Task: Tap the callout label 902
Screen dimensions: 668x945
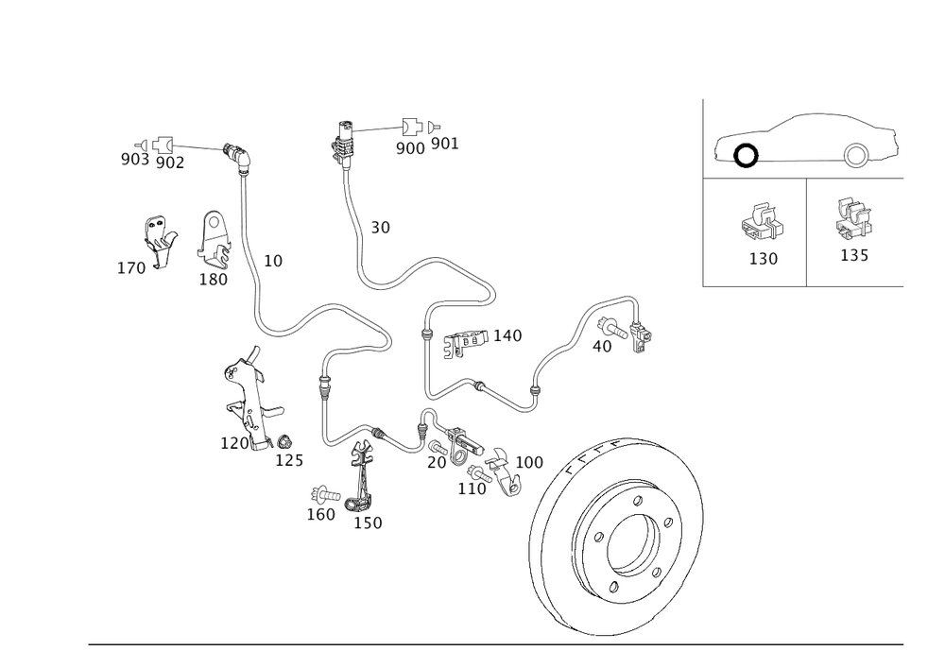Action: click(169, 163)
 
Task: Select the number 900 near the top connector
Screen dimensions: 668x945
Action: click(409, 147)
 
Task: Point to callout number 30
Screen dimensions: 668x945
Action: click(380, 228)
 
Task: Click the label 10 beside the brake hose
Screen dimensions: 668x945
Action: click(272, 261)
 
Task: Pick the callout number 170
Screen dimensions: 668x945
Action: click(131, 269)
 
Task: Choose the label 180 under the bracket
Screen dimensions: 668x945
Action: click(214, 279)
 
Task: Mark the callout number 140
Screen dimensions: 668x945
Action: click(507, 335)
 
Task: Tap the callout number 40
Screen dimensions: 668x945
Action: click(601, 347)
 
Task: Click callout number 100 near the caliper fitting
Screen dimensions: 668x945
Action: click(528, 462)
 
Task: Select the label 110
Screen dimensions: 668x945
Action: click(471, 488)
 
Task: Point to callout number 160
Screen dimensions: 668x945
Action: click(321, 515)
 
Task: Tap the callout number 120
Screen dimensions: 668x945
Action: click(234, 443)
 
